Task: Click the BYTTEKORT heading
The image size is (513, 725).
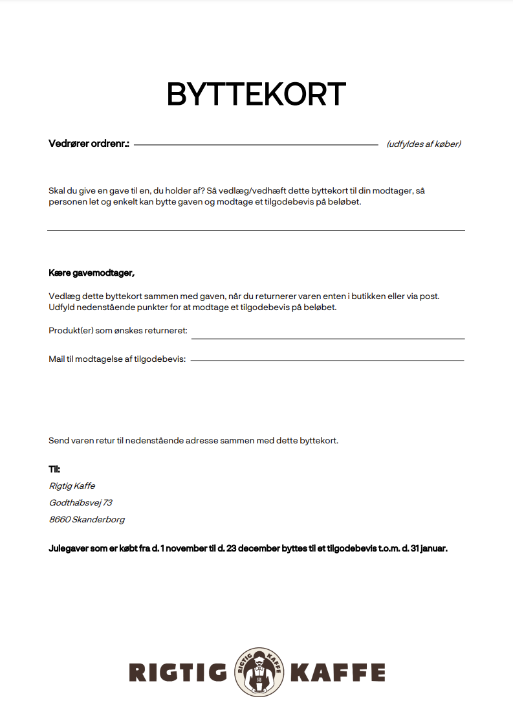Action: coord(256,95)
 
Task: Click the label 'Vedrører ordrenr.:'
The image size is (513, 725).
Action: coord(89,144)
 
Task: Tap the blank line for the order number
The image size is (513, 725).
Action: coord(256,145)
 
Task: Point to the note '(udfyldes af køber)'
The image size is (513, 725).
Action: coord(424,144)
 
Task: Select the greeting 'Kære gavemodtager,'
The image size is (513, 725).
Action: coord(92,273)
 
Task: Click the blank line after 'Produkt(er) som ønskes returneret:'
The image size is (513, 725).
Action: coord(328,338)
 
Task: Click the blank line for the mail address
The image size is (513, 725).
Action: coord(327,360)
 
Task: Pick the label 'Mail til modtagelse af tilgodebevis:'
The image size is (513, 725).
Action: coord(117,359)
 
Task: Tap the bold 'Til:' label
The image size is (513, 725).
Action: coord(54,469)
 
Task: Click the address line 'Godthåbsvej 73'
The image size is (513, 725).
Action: coord(81,502)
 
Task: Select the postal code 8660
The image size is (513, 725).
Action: coord(60,519)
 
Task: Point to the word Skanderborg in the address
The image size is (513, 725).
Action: coord(98,519)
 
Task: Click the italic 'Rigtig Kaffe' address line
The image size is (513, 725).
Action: coord(72,485)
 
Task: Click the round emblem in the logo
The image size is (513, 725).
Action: coord(258,672)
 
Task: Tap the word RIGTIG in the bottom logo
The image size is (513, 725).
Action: coord(178,673)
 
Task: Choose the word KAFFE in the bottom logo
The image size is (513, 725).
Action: coord(337,673)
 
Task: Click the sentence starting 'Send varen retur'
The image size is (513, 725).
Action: coord(193,441)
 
